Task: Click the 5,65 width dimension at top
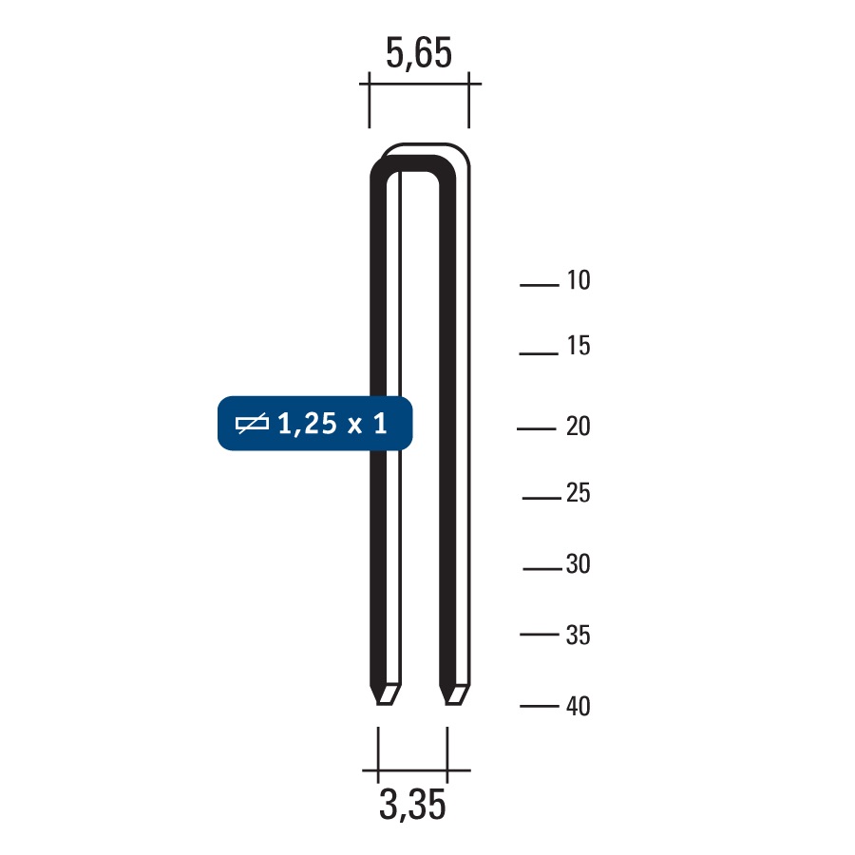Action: point(418,53)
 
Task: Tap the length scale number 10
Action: point(578,281)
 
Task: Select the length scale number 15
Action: point(578,347)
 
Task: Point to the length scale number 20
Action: point(578,427)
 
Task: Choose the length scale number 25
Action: point(578,494)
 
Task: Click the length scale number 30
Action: point(578,564)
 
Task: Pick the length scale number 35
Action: point(578,635)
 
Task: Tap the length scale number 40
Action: point(578,707)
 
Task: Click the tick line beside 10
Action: point(540,284)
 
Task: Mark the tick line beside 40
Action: point(540,706)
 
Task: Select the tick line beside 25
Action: point(541,498)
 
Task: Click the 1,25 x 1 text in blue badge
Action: point(332,424)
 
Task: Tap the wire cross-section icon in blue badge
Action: point(252,424)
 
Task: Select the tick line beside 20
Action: point(537,429)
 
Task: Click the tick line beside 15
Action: point(538,353)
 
